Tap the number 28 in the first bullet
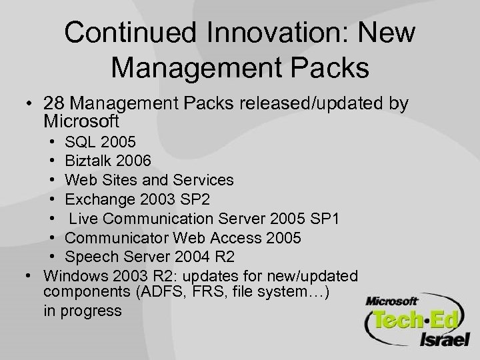53,104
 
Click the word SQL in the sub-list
80,143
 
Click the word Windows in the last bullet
69,275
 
